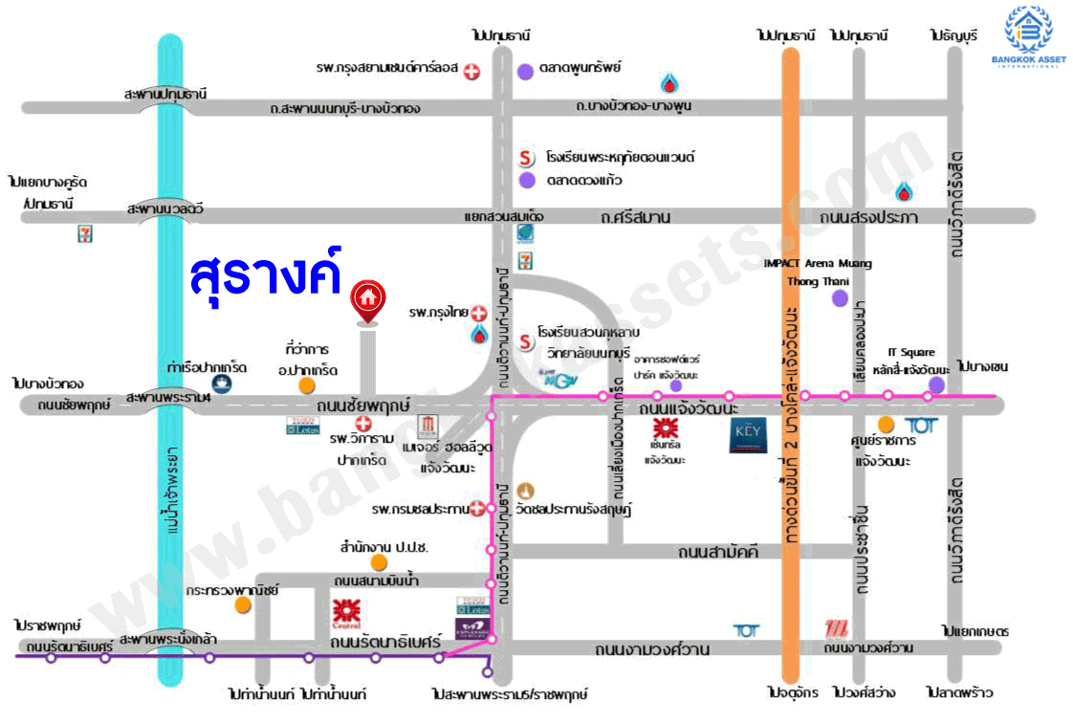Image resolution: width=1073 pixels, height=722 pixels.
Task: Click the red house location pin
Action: [366, 299]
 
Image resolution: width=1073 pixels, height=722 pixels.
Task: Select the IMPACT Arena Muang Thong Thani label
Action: [818, 272]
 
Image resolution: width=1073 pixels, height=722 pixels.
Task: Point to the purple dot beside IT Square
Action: [936, 384]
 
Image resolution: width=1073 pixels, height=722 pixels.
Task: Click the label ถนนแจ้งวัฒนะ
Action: [684, 409]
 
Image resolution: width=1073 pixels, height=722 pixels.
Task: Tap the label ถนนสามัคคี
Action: [717, 552]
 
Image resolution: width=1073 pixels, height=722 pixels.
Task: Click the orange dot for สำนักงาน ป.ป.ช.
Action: [380, 561]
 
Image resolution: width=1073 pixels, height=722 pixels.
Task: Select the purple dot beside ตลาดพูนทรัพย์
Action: [525, 70]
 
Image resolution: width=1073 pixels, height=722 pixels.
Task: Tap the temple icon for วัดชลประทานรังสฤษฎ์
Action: [524, 491]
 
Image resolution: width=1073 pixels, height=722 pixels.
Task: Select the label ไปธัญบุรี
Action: [953, 35]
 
